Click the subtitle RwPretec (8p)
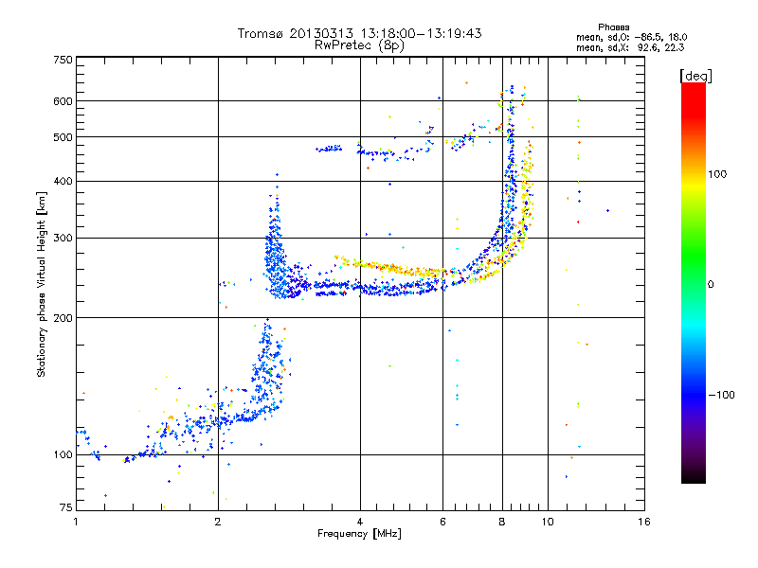359,45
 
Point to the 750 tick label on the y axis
63,60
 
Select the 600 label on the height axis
63,101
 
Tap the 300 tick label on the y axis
63,238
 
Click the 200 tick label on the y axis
63,318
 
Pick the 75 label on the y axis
66,507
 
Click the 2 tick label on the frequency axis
218,522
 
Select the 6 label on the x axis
442,522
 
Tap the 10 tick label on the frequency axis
548,522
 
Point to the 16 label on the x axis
644,522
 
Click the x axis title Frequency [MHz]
359,534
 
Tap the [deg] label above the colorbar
695,77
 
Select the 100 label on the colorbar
717,174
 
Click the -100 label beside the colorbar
721,395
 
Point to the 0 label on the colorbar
711,284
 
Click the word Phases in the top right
613,27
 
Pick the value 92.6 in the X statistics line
648,47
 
